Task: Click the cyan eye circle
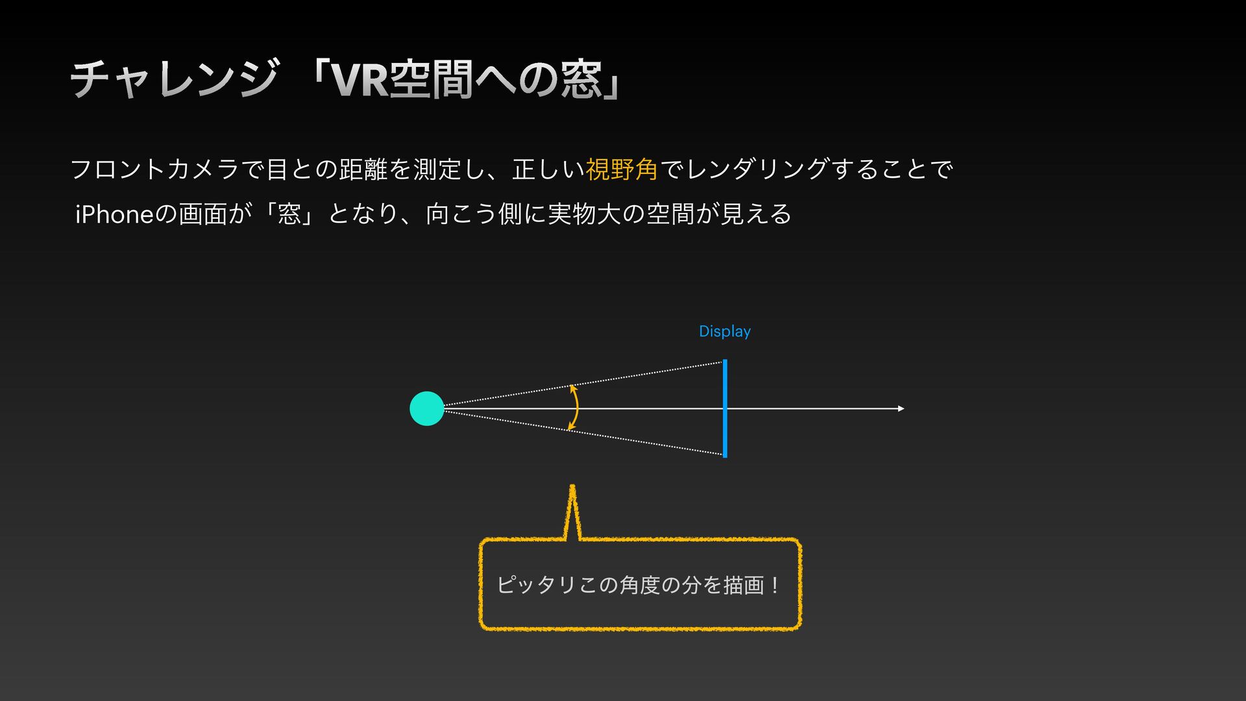pyautogui.click(x=427, y=408)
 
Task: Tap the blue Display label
pyautogui.click(x=724, y=332)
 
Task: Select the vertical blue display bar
pyautogui.click(x=725, y=408)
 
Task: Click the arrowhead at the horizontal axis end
pyautogui.click(x=901, y=408)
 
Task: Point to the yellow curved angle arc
pyautogui.click(x=575, y=408)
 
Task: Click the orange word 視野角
pyautogui.click(x=622, y=169)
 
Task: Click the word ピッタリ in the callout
pyautogui.click(x=536, y=585)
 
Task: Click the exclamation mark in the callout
pyautogui.click(x=774, y=585)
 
